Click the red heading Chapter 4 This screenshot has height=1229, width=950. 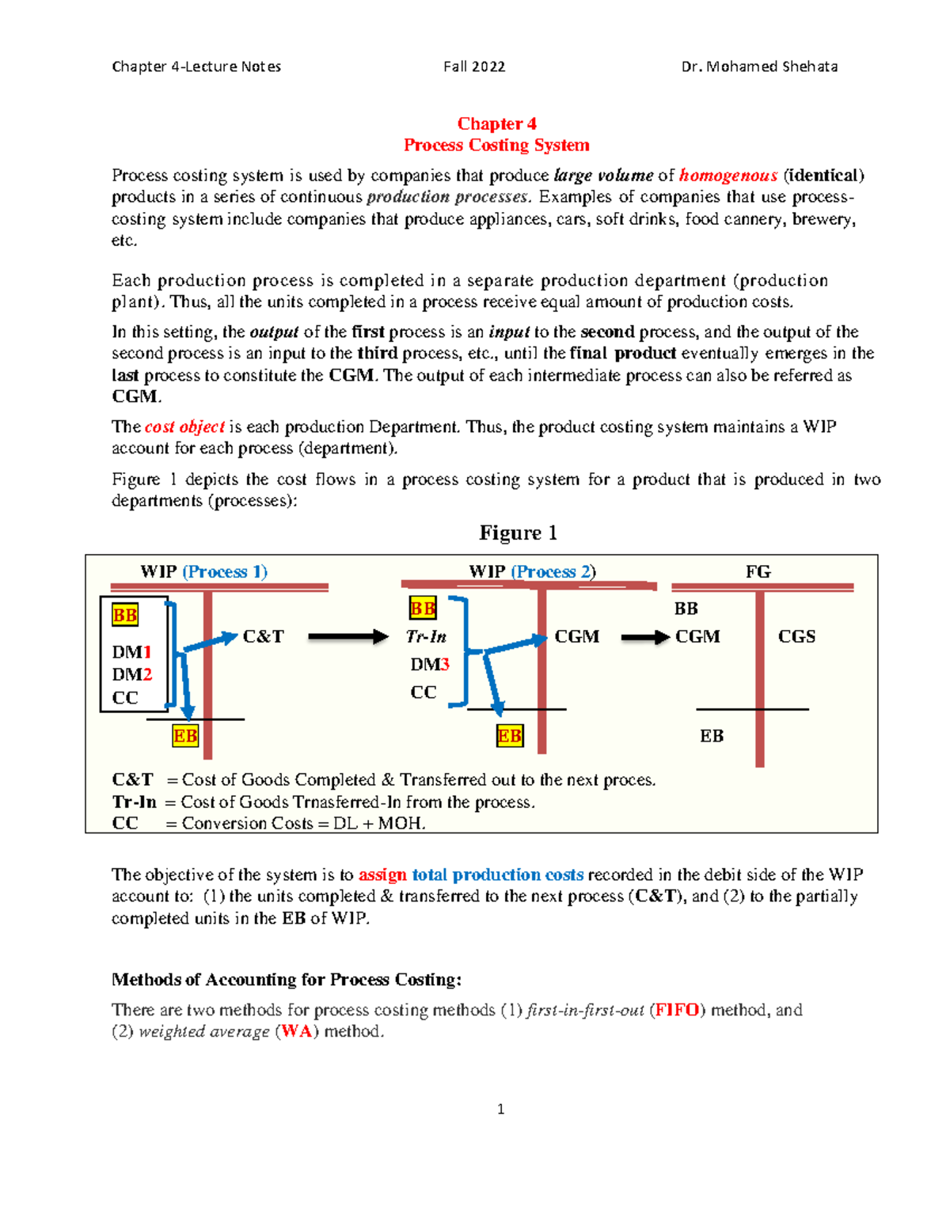[x=496, y=123]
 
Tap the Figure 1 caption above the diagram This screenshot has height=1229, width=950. [x=518, y=533]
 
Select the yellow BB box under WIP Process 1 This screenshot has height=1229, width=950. [x=125, y=615]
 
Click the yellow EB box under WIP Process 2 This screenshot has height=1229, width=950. [x=509, y=736]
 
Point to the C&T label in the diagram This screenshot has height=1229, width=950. [x=263, y=636]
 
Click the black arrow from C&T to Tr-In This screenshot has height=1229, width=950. [x=348, y=636]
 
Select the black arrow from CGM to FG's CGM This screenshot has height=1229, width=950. [x=645, y=637]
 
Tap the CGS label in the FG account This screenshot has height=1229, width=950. [x=796, y=636]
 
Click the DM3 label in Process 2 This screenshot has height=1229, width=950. [x=430, y=664]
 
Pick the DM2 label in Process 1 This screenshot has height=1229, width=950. [x=131, y=674]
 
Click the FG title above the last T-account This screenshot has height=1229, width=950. [x=758, y=571]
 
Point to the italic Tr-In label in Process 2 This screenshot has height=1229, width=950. [x=426, y=636]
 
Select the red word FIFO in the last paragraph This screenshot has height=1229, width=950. [x=677, y=1010]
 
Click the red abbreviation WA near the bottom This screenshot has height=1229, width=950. [x=296, y=1031]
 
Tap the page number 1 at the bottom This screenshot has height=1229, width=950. [x=500, y=1109]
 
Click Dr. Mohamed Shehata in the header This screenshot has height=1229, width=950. [x=759, y=66]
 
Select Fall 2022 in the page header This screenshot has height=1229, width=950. [x=474, y=66]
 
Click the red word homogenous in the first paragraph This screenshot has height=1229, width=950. [x=728, y=175]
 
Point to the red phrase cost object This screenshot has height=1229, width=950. [x=184, y=427]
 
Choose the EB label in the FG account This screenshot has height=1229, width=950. [x=711, y=736]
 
